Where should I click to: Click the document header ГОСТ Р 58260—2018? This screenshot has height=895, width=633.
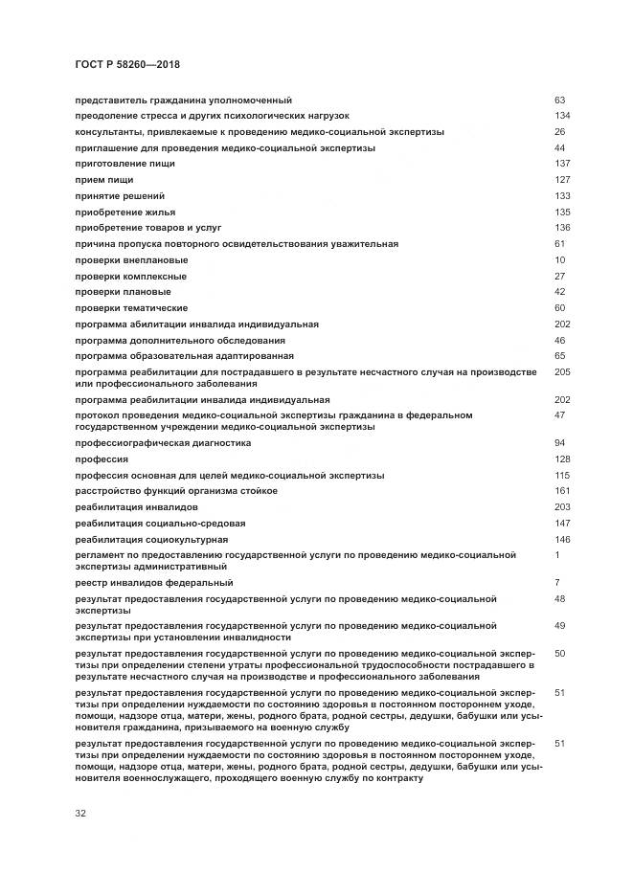pyautogui.click(x=127, y=65)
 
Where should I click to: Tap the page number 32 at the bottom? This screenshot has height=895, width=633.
pyautogui.click(x=80, y=814)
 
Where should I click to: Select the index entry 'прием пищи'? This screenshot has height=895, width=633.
pyautogui.click(x=103, y=180)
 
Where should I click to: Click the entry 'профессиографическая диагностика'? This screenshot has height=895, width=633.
pyautogui.click(x=163, y=443)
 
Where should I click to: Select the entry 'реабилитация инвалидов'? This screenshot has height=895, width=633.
pyautogui.click(x=136, y=506)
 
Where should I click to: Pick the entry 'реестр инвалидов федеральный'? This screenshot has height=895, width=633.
pyautogui.click(x=153, y=583)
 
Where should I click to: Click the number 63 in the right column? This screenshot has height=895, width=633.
pyautogui.click(x=560, y=100)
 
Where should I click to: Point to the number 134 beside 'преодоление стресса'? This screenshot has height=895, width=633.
pyautogui.click(x=562, y=116)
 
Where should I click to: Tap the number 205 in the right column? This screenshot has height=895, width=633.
pyautogui.click(x=562, y=371)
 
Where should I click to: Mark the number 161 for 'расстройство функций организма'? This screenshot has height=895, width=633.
pyautogui.click(x=562, y=491)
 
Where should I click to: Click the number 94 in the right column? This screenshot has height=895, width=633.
pyautogui.click(x=560, y=443)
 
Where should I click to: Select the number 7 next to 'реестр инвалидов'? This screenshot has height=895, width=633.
pyautogui.click(x=557, y=583)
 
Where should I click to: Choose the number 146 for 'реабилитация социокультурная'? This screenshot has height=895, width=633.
pyautogui.click(x=562, y=539)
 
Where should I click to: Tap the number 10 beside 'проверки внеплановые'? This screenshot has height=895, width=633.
pyautogui.click(x=560, y=260)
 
